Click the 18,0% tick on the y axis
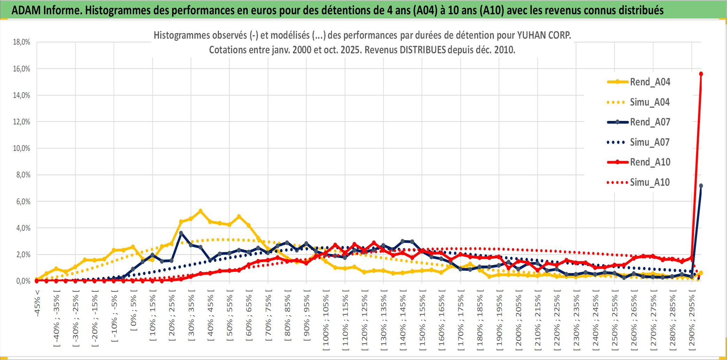[22, 42]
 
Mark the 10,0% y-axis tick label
[22, 148]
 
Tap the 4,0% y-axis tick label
[23, 228]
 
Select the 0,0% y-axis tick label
[23, 281]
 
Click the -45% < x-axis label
[37, 303]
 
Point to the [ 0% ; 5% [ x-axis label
[133, 312]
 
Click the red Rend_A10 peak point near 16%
[701, 74]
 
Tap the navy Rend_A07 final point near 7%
[701, 186]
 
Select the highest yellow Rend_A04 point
[200, 211]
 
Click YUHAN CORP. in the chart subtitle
[544, 35]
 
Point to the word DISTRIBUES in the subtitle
[423, 50]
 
